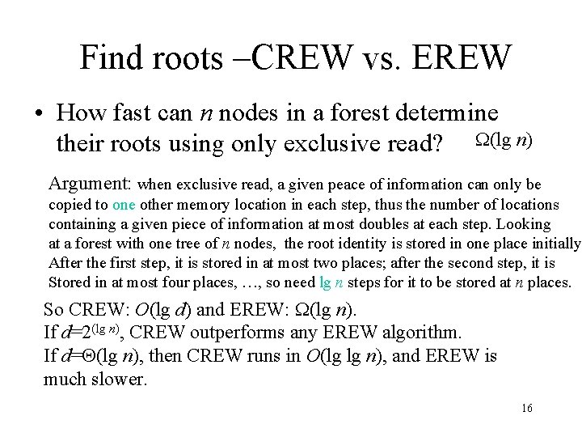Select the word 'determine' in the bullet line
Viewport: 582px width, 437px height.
438,115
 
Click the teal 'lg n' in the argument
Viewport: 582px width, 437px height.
331,282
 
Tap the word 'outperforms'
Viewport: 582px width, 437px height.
272,333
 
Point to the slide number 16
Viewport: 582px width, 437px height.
527,409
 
